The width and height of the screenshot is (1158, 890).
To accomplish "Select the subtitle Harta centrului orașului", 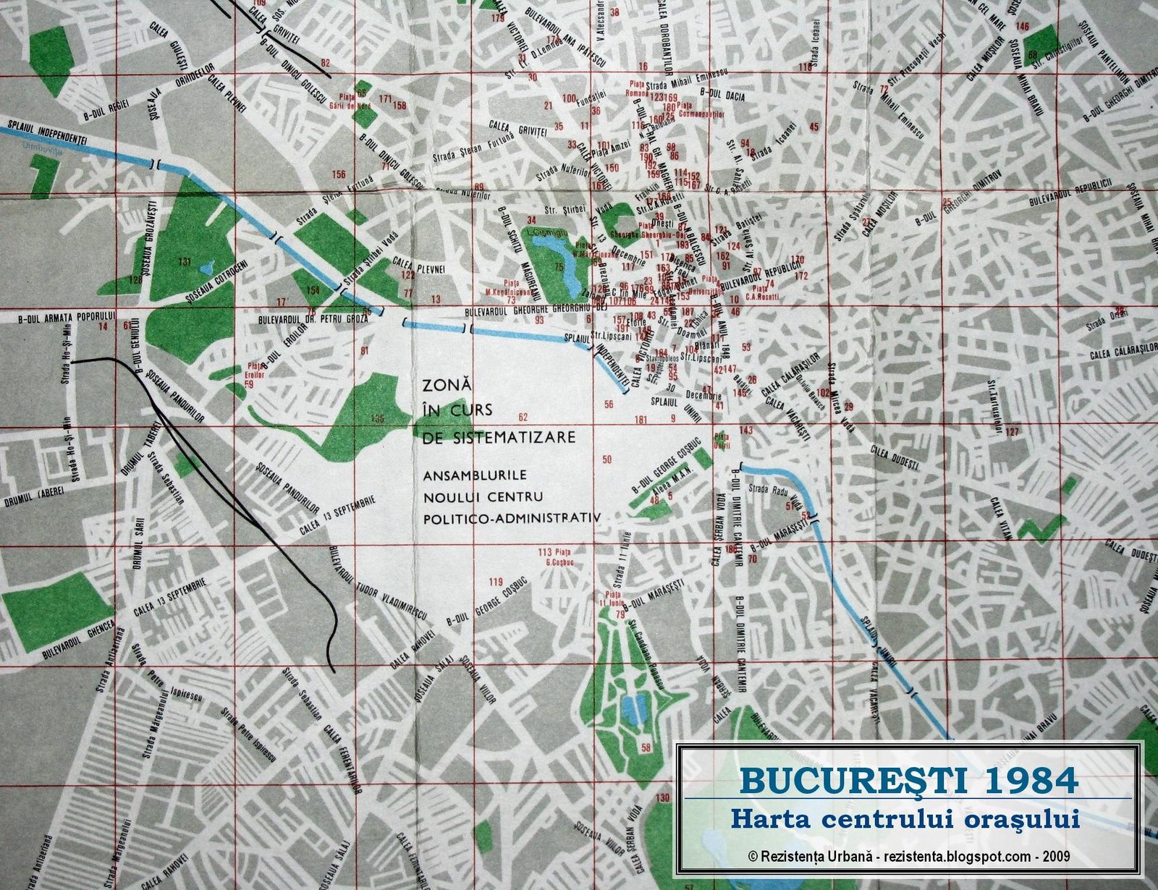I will [x=905, y=819].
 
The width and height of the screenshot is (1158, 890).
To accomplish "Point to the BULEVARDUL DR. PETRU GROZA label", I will [x=314, y=318].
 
